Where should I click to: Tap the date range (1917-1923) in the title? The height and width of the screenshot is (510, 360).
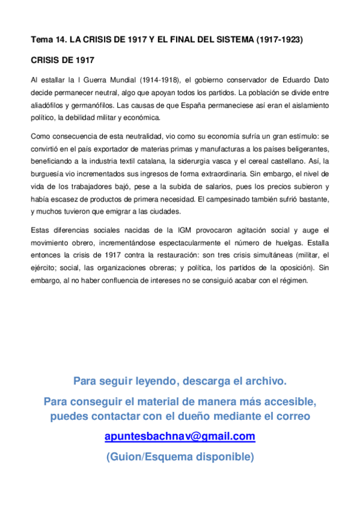pos(278,40)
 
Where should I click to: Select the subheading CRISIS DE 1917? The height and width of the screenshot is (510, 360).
pos(62,61)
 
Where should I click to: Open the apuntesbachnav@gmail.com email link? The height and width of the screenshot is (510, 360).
pos(180,436)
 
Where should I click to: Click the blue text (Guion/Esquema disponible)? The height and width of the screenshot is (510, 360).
pos(180,456)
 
